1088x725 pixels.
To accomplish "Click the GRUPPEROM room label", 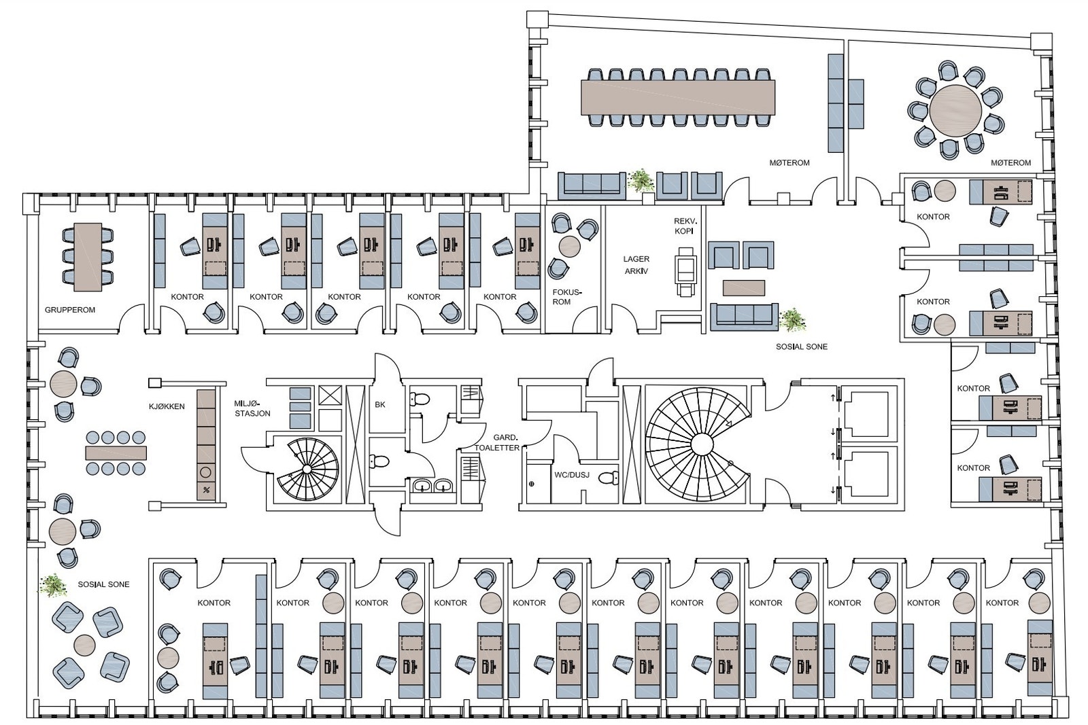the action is click(x=70, y=310).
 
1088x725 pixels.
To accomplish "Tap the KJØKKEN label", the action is click(x=167, y=406).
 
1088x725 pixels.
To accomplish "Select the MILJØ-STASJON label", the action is click(x=252, y=408).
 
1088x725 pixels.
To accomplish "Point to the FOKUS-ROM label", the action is click(x=567, y=296).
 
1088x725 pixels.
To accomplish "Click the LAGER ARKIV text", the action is click(x=636, y=265).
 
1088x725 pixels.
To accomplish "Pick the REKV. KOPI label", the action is click(x=683, y=226).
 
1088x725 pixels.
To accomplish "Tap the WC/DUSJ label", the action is click(x=572, y=474).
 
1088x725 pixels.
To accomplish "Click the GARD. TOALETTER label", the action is click(x=497, y=442).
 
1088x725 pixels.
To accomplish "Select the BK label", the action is click(x=380, y=404).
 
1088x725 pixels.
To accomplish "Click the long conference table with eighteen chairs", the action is click(x=677, y=97).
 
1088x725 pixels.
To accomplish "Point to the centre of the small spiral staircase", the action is click(x=307, y=469).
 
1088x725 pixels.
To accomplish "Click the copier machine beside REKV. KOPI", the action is click(x=685, y=270).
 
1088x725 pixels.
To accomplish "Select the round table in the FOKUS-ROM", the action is click(x=570, y=247).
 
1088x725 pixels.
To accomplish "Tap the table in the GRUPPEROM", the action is click(x=88, y=257).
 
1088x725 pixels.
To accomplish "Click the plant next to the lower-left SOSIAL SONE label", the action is click(x=52, y=585).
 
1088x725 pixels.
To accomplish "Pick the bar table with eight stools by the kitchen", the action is click(x=116, y=453).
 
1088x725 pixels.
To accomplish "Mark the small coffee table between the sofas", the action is click(x=744, y=288).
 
